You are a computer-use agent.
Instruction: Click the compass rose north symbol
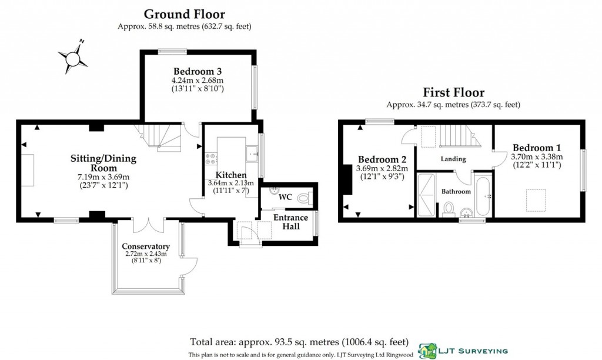73,57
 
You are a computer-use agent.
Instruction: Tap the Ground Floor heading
184,14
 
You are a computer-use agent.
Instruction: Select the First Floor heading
453,92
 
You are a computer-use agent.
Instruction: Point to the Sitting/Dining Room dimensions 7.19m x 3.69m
103,177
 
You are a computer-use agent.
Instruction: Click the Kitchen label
231,175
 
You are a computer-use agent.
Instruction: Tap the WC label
286,196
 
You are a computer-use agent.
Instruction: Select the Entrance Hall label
287,222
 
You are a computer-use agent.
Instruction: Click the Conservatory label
146,246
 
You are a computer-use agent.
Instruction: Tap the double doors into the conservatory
149,225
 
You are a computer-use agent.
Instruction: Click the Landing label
453,159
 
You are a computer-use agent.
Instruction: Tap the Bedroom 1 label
532,148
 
